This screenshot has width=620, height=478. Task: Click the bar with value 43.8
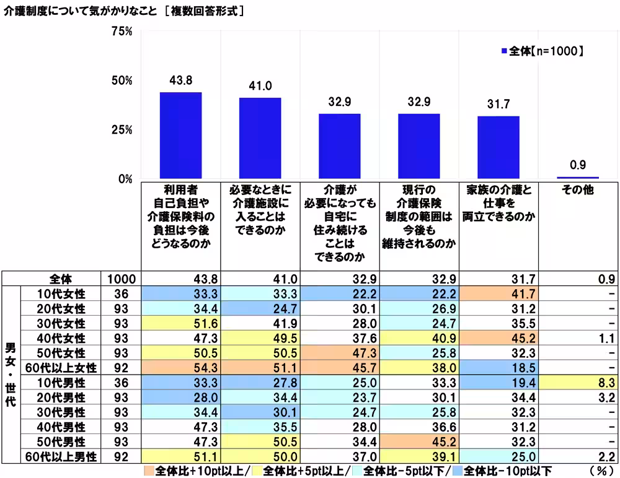tap(180, 135)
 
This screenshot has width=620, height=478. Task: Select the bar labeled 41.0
tap(260, 138)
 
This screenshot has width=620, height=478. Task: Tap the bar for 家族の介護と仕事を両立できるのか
tap(498, 147)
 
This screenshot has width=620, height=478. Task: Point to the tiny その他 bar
tap(578, 178)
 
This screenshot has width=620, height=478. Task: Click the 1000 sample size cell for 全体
tap(117, 279)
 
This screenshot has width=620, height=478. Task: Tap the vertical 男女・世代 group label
tap(10, 374)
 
